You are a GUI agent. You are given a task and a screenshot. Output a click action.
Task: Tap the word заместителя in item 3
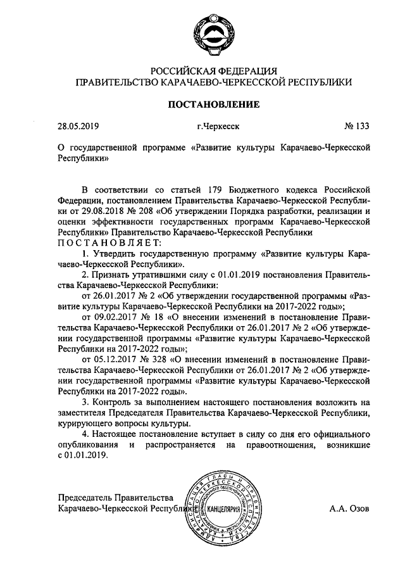point(83,413)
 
